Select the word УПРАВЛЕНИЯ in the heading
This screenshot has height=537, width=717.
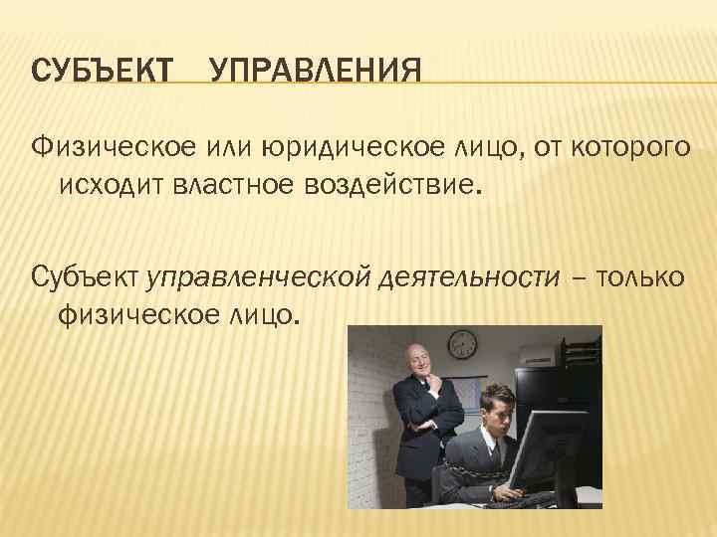[316, 71]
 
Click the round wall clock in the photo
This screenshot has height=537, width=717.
[463, 344]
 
